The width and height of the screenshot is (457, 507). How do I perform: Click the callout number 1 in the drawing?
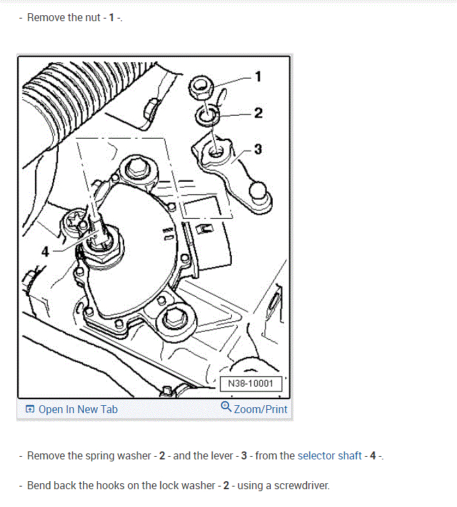(258, 77)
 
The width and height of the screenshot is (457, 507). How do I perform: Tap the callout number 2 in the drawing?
(258, 113)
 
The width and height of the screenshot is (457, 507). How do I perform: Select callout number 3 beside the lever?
(258, 149)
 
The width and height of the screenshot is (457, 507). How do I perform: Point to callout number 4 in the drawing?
(45, 252)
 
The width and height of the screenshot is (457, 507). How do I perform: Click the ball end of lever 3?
(258, 191)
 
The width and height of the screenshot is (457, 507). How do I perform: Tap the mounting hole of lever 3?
(216, 151)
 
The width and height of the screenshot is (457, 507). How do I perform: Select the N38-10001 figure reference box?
(250, 383)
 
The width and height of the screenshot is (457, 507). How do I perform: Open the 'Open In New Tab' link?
(78, 409)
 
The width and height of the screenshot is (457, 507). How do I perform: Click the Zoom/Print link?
(260, 409)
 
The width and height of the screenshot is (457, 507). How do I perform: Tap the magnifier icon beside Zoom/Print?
(226, 407)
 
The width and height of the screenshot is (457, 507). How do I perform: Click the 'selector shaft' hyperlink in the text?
(330, 455)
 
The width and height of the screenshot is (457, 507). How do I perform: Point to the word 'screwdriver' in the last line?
(301, 485)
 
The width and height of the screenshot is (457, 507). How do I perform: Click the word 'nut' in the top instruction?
(92, 17)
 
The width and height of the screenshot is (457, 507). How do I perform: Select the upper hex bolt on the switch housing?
(138, 168)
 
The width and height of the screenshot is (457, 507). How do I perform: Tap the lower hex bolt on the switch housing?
(175, 318)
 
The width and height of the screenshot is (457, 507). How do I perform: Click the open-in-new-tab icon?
(30, 409)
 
